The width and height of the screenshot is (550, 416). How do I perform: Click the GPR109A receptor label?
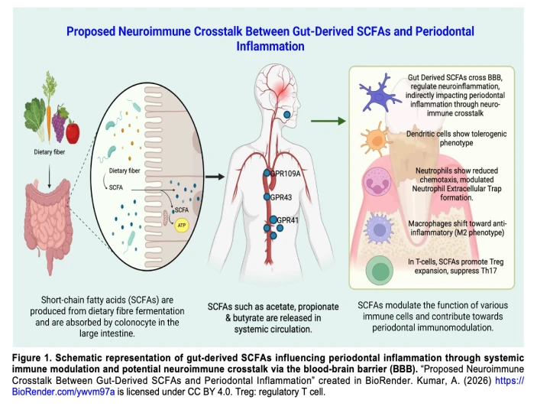(286, 174)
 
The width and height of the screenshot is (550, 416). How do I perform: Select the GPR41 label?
(287, 220)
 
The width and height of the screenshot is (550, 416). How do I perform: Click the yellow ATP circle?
(181, 225)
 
